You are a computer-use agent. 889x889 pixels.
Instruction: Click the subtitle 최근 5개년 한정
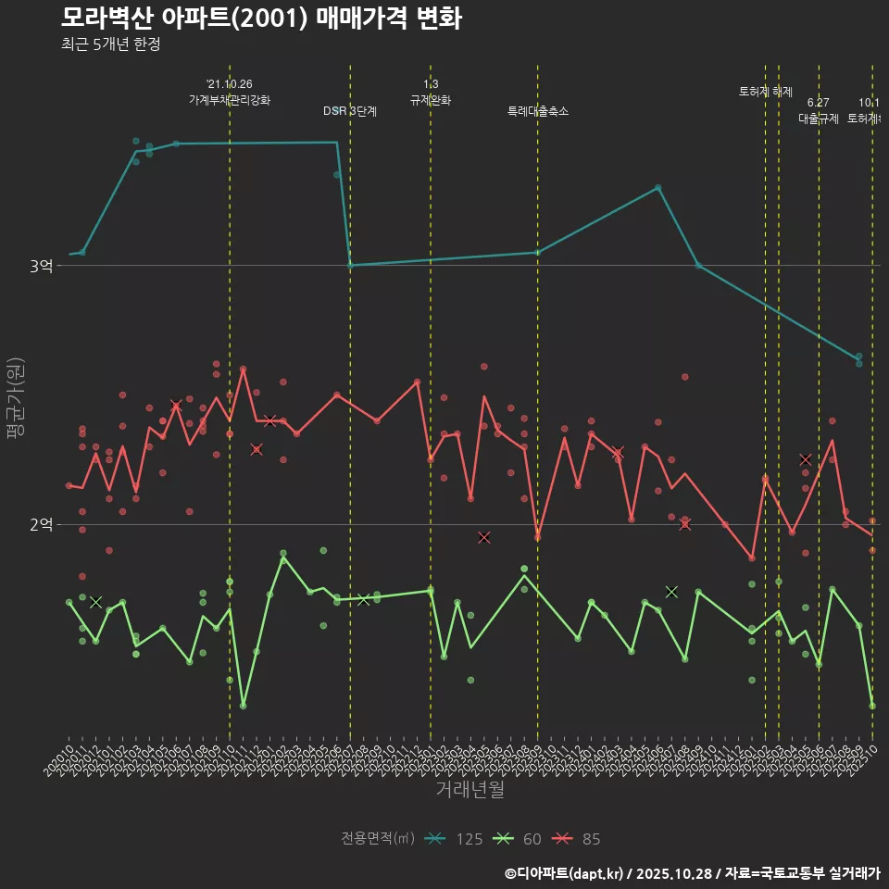[110, 44]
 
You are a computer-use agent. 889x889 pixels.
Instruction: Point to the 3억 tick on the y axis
[41, 266]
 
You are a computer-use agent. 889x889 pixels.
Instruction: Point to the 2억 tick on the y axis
[41, 525]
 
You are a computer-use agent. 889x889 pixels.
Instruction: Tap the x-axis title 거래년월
[470, 790]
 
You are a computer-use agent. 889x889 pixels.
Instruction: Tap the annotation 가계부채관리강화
[230, 99]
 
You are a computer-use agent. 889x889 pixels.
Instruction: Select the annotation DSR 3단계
[350, 111]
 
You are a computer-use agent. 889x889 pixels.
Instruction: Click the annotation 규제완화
[431, 99]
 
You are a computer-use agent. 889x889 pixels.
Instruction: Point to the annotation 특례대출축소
[538, 111]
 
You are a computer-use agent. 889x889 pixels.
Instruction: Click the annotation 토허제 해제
[766, 92]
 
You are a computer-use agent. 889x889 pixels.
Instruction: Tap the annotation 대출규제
[819, 119]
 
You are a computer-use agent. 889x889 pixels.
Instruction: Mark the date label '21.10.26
[230, 84]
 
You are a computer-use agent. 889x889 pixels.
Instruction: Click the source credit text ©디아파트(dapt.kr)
[565, 872]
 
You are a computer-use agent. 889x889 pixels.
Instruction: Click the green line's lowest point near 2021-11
[244, 706]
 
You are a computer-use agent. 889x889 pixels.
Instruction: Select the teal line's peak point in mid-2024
[658, 188]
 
